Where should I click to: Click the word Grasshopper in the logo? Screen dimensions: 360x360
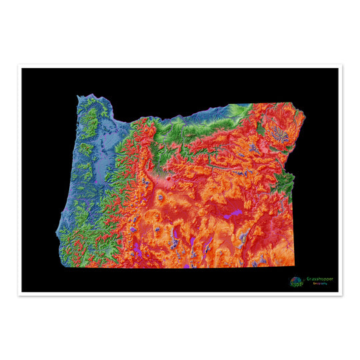pyautogui.click(x=321, y=279)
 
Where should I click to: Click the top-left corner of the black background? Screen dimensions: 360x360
pyautogui.click(x=22, y=69)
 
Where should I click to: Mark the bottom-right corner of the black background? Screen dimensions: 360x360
pyautogui.click(x=338, y=291)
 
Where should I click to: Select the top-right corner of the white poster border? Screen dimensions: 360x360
pyautogui.click(x=341, y=65)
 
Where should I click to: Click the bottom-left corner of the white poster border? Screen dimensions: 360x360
pyautogui.click(x=19, y=295)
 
